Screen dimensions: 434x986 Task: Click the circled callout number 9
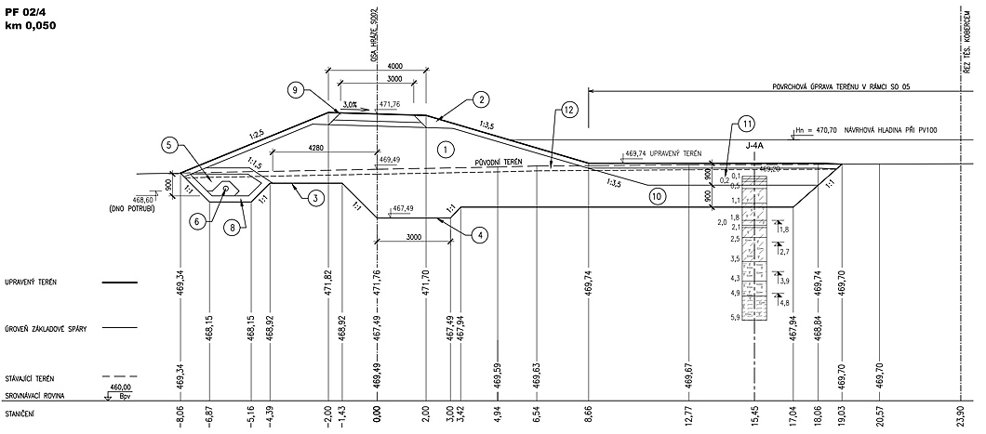click(295, 90)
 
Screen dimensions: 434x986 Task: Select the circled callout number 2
click(480, 99)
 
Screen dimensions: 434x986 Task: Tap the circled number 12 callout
click(569, 110)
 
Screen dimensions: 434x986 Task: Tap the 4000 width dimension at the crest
click(395, 67)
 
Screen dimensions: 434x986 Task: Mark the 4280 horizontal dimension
click(315, 148)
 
